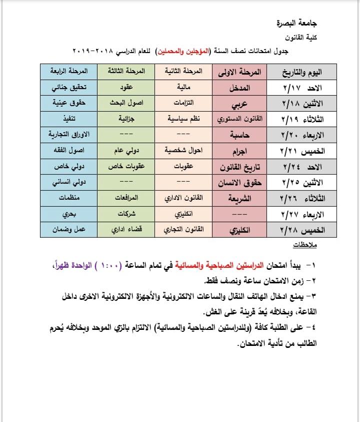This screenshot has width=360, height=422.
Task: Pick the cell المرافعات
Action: (x=126, y=198)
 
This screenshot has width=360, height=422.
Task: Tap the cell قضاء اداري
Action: (x=126, y=230)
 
